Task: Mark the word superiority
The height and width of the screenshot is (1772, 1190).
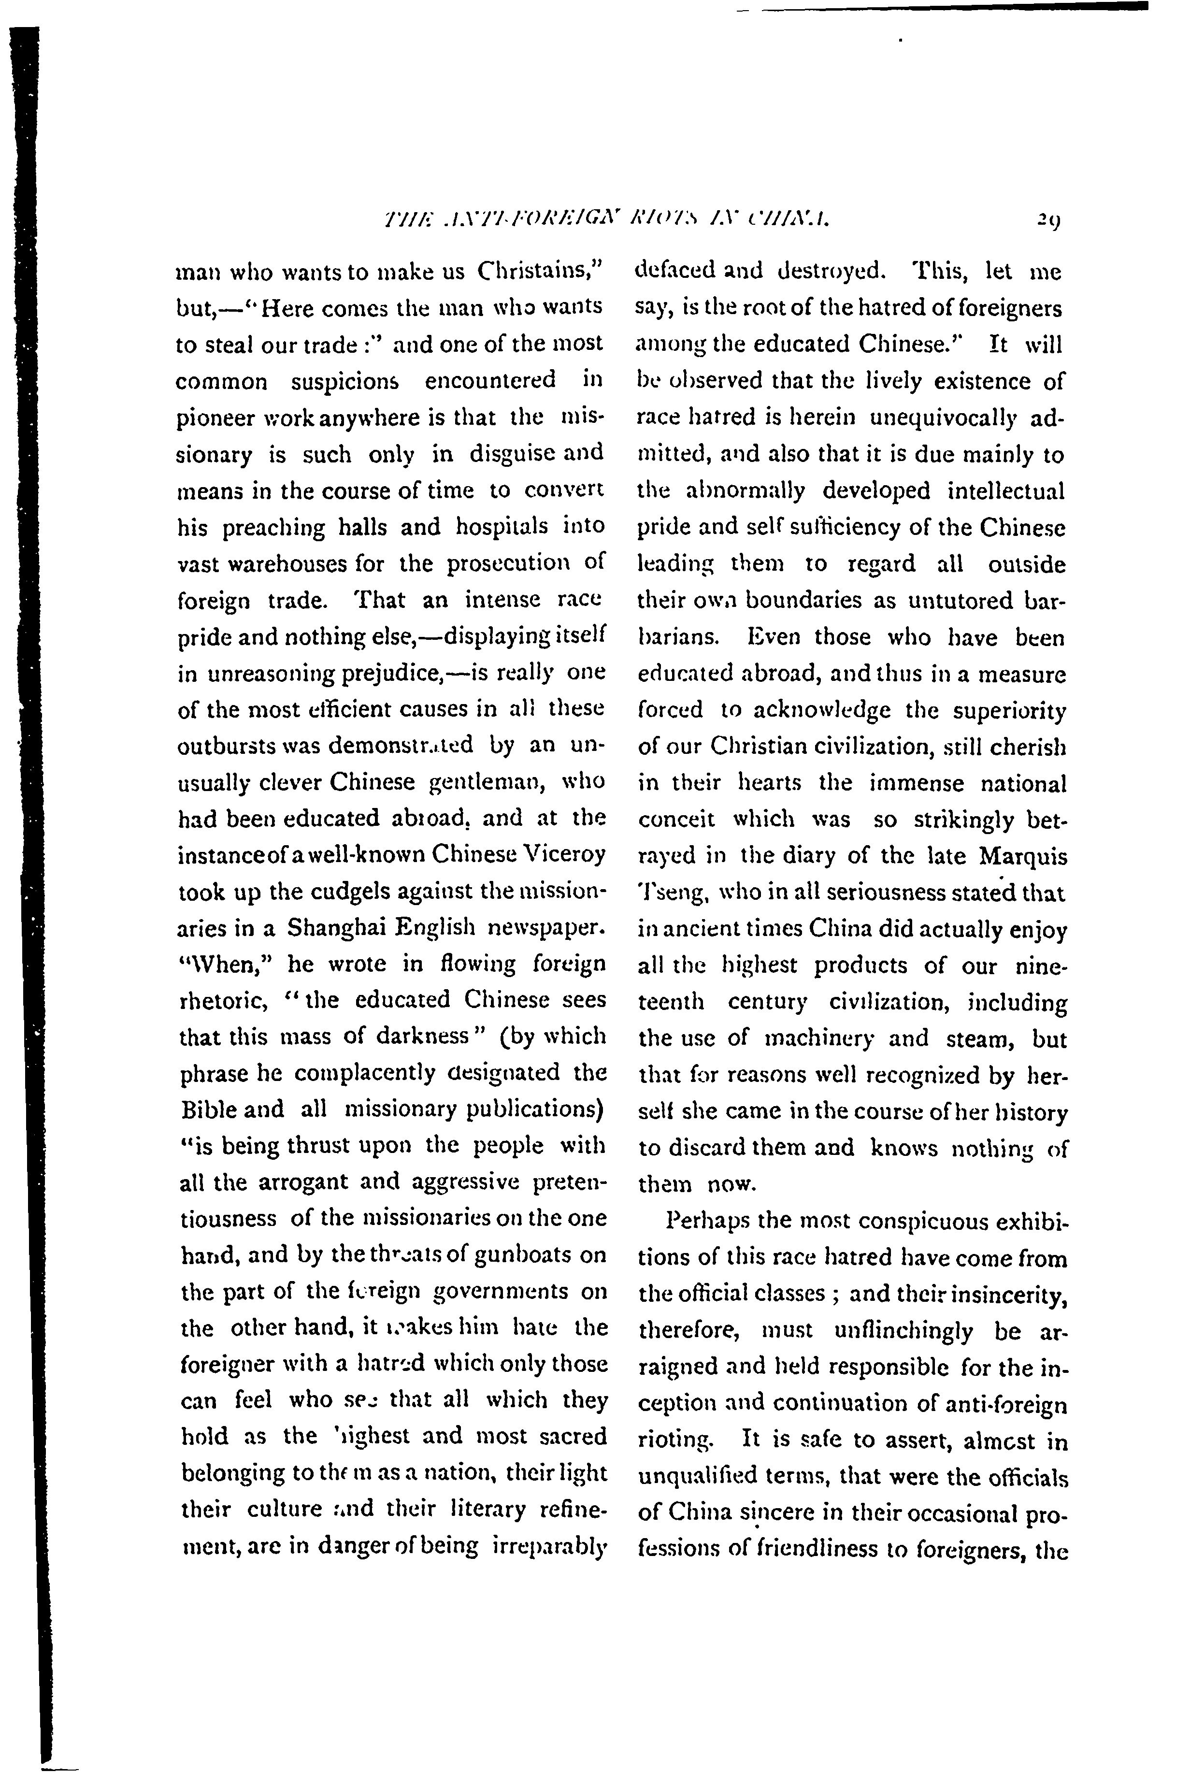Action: [x=1009, y=711]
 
